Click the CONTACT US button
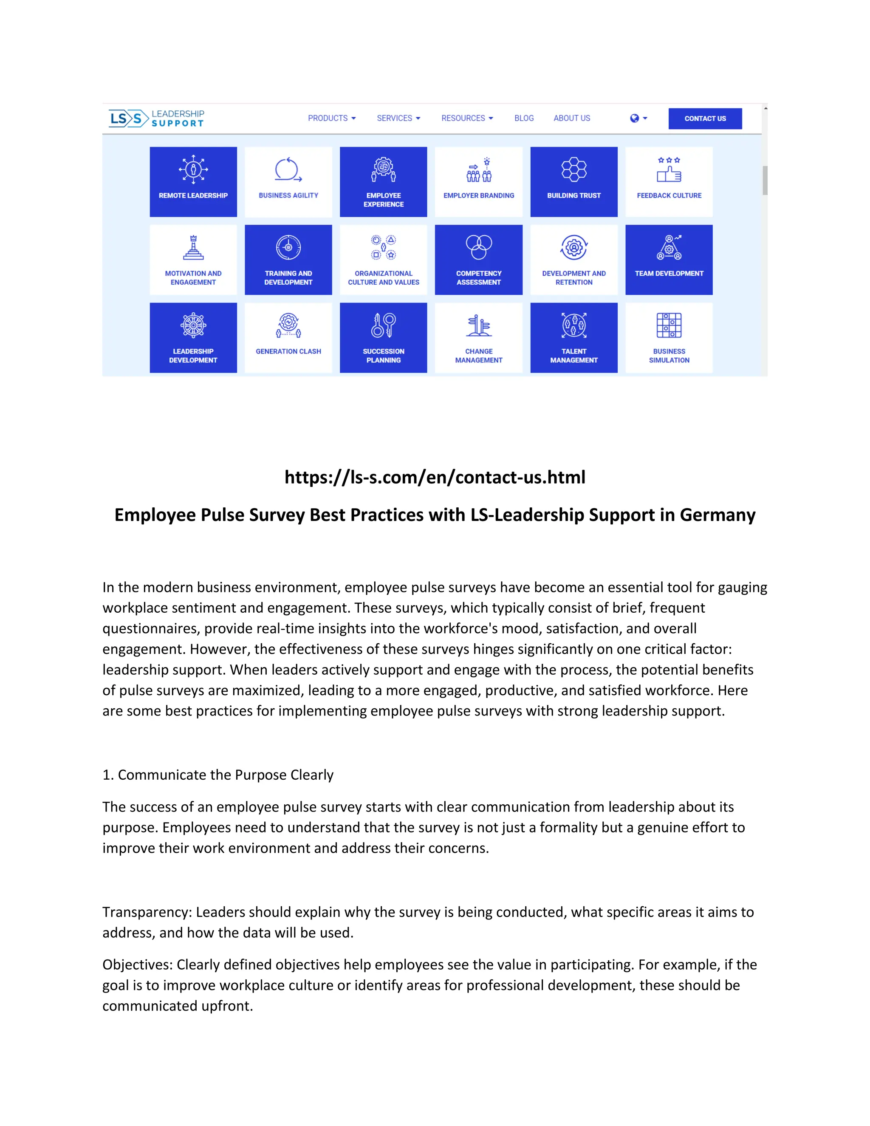pos(705,119)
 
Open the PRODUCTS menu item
pos(331,118)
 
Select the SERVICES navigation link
pos(398,118)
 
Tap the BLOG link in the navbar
pos(524,118)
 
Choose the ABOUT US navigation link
pos(572,118)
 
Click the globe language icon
pos(635,118)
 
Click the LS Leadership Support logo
pos(157,118)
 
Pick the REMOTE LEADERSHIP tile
pos(193,181)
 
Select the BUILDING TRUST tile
pos(573,181)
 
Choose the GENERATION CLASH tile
pos(288,337)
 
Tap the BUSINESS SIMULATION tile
pos(669,337)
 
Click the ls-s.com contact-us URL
pos(435,478)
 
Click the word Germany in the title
pos(717,515)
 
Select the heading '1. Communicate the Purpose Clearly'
pos(218,775)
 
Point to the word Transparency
pos(147,912)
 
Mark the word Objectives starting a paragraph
pos(137,965)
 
